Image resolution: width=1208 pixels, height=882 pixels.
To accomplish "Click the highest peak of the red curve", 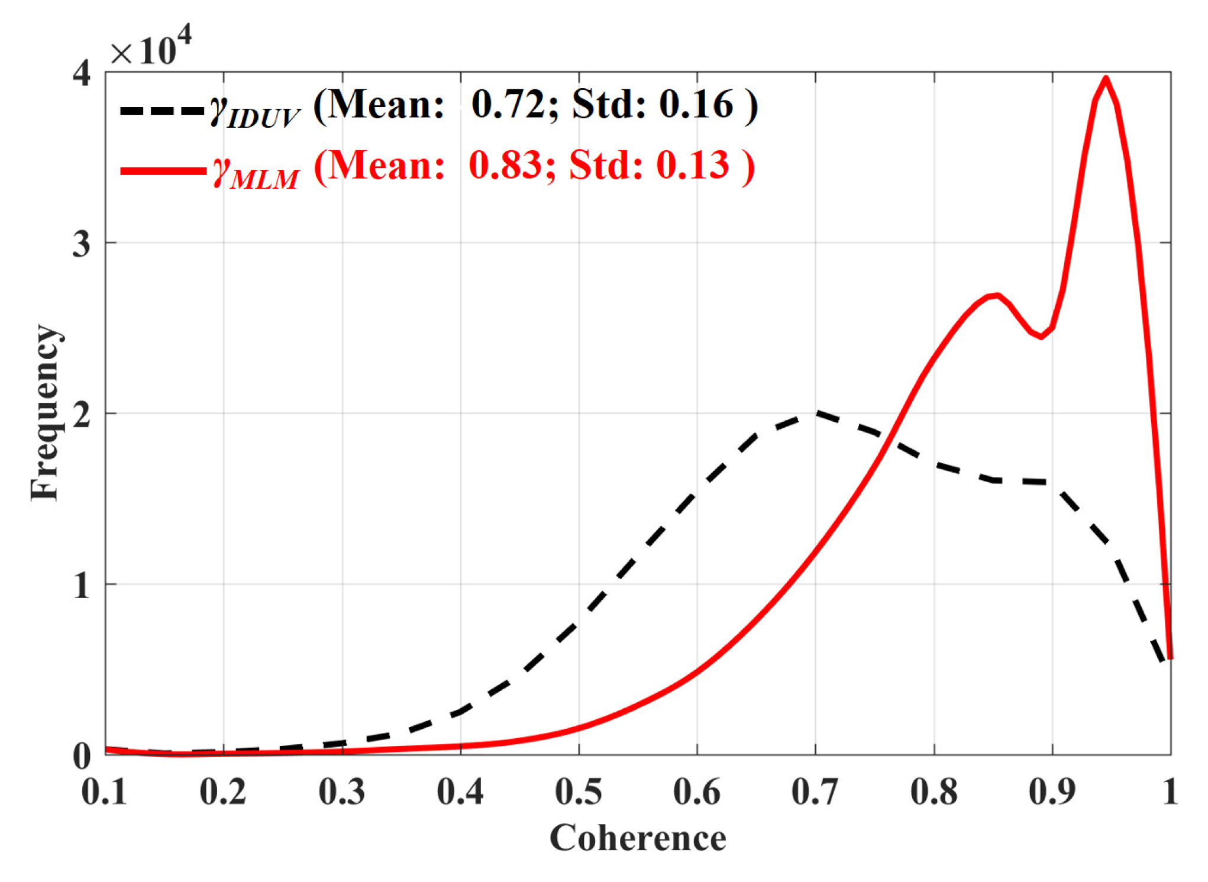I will [1105, 79].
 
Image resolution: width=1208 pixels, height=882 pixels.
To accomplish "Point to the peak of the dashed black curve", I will [816, 413].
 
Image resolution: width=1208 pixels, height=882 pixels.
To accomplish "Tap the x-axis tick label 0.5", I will [578, 791].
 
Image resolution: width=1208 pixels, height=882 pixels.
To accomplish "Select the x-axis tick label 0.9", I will [1052, 791].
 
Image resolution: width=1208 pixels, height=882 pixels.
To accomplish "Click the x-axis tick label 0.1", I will [105, 791].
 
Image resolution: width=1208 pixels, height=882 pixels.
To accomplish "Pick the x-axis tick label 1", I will [1170, 791].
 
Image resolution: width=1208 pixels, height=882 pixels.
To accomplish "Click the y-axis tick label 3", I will [81, 243].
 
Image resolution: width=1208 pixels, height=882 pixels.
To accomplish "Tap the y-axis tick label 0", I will [81, 755].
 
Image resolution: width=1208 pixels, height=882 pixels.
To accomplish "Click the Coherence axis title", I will [638, 838].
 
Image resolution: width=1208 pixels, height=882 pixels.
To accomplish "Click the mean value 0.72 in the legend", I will [507, 105].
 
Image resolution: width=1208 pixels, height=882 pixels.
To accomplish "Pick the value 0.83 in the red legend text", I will [504, 165].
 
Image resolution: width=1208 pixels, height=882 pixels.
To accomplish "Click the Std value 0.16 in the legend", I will [696, 105].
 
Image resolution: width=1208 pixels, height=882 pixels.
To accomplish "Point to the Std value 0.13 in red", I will [692, 165].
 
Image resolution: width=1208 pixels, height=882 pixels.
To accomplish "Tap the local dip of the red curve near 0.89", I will [1041, 337].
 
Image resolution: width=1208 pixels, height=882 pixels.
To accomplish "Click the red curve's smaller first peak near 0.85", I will [997, 295].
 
